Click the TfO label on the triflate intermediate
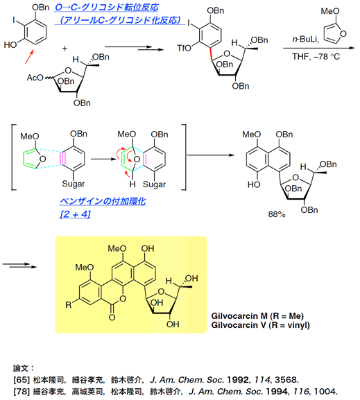point(184,48)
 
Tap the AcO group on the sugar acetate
point(35,77)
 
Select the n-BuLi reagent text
point(305,40)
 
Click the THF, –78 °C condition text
point(316,56)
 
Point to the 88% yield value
point(277,214)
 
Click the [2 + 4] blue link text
point(75,214)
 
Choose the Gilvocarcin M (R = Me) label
point(257,316)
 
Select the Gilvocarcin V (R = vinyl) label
point(260,325)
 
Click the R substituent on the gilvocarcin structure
point(69,304)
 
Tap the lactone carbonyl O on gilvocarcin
point(112,318)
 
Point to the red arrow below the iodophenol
point(30,56)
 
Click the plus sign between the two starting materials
point(65,49)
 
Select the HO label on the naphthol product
point(254,184)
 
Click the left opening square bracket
point(12,157)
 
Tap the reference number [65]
point(22,380)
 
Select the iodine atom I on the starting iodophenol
point(15,20)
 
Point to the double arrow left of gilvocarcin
point(19,266)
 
